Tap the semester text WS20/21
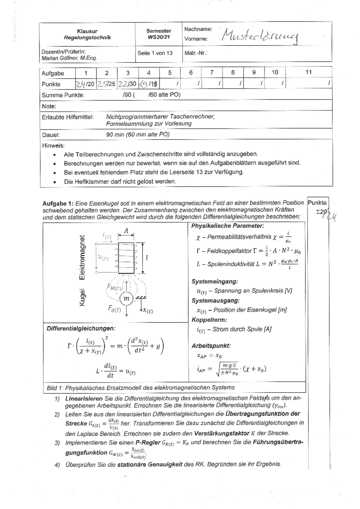[158, 37]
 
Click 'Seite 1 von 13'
[155, 53]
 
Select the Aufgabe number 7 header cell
[212, 73]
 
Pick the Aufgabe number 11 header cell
[308, 72]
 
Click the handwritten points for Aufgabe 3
[123, 84]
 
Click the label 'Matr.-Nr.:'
[196, 53]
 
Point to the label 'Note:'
[49, 106]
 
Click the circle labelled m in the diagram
[126, 299]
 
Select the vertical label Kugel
[82, 298]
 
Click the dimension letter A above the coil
[126, 231]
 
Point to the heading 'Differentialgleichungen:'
[81, 328]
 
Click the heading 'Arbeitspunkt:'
[211, 346]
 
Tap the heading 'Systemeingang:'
[214, 282]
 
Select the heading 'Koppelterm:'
[209, 320]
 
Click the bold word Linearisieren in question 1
[84, 399]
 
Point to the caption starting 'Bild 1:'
[140, 387]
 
